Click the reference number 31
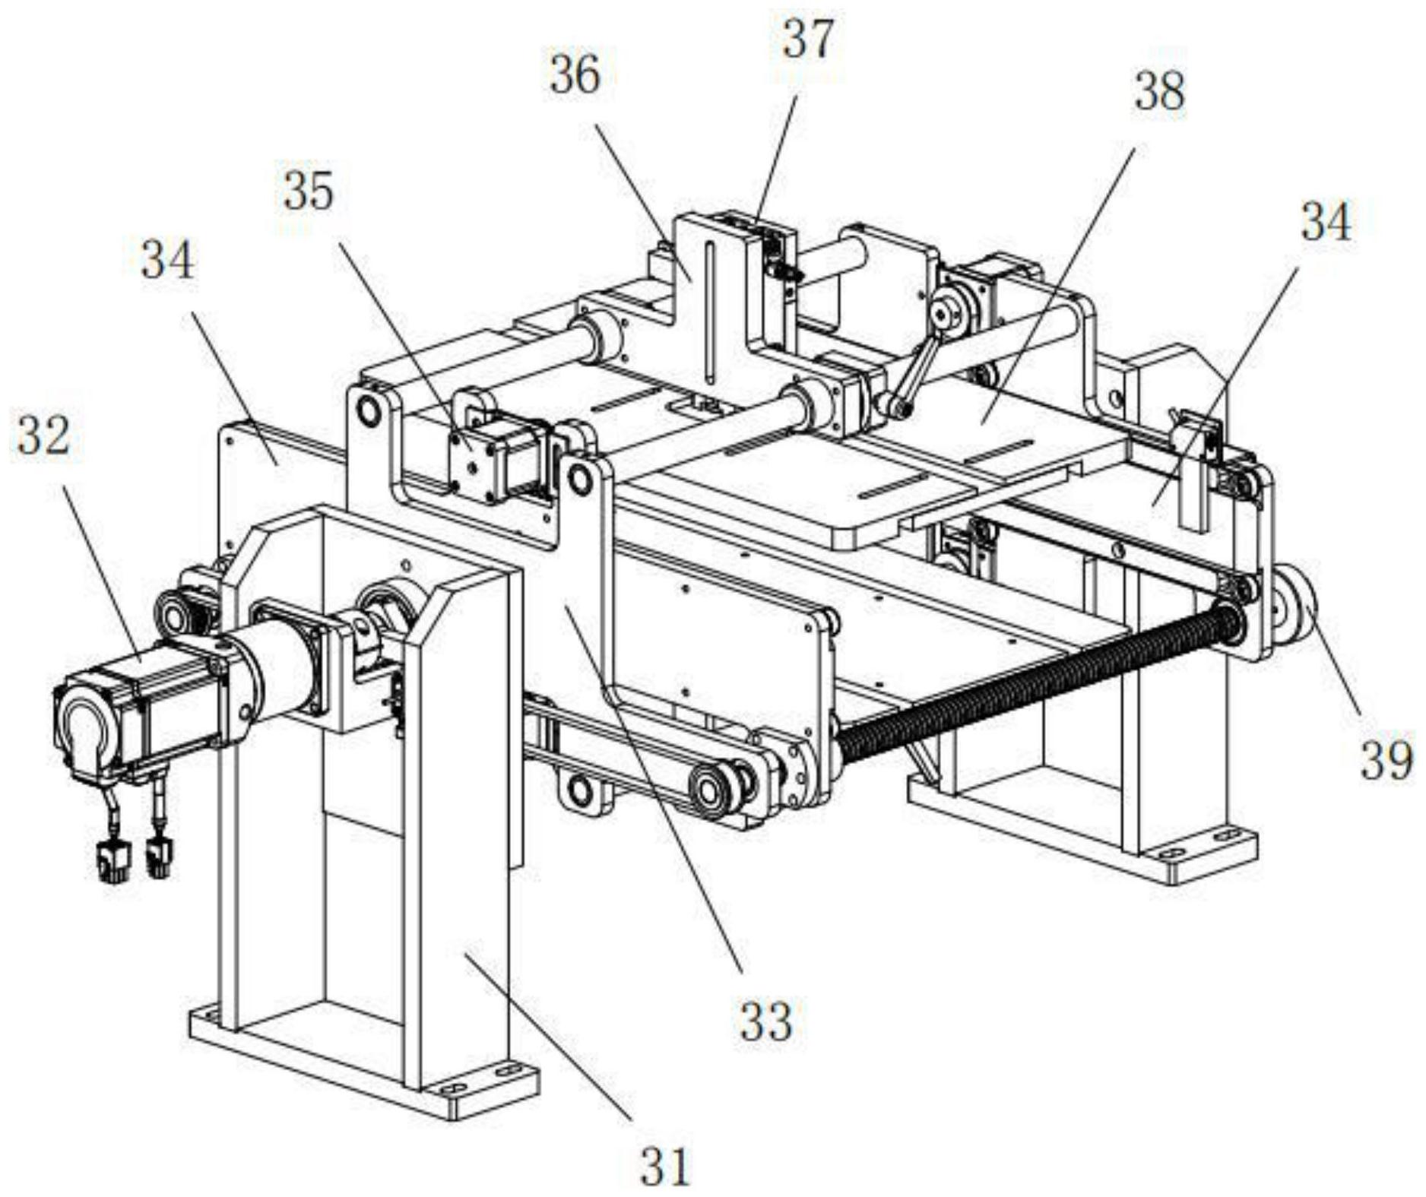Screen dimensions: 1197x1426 click(664, 1166)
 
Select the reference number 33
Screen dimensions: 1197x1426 click(766, 1021)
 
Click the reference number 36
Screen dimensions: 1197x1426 click(575, 74)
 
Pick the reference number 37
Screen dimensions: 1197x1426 click(809, 39)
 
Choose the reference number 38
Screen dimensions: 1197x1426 click(1159, 92)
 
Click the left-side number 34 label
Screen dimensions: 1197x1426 click(167, 259)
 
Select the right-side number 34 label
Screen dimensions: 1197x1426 click(1326, 222)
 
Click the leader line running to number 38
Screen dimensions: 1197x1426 click(1057, 281)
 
